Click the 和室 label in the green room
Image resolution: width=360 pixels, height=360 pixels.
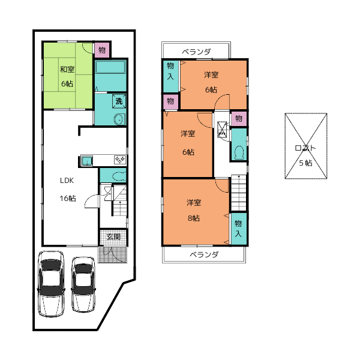[x=67, y=70]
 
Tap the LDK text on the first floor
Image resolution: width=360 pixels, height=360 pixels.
[x=67, y=181]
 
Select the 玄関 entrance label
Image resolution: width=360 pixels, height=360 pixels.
[x=113, y=237]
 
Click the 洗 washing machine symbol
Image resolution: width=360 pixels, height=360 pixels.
[x=119, y=101]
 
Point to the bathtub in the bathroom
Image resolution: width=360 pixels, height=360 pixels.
[x=110, y=67]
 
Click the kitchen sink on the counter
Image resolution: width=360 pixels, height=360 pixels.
[x=87, y=160]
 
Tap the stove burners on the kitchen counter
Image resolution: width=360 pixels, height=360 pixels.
[x=120, y=160]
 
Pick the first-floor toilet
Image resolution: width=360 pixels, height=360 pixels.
[x=119, y=175]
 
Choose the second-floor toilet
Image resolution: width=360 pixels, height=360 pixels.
[x=239, y=152]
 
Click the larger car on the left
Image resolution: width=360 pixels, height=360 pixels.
[x=51, y=284]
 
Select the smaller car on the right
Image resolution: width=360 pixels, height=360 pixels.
[x=83, y=284]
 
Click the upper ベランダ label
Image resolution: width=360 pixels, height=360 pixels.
[x=196, y=52]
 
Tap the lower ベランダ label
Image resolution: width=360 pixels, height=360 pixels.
[x=204, y=254]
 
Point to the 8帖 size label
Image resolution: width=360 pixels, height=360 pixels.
[x=194, y=218]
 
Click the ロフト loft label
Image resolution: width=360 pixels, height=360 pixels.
[x=305, y=148]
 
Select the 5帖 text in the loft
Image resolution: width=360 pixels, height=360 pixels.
[x=305, y=163]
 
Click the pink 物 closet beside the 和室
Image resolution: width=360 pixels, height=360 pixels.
[x=102, y=50]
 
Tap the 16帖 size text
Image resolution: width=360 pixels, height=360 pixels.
[x=68, y=198]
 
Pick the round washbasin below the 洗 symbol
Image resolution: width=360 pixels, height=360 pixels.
[x=119, y=119]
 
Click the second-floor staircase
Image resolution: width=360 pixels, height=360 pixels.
[x=239, y=193]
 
